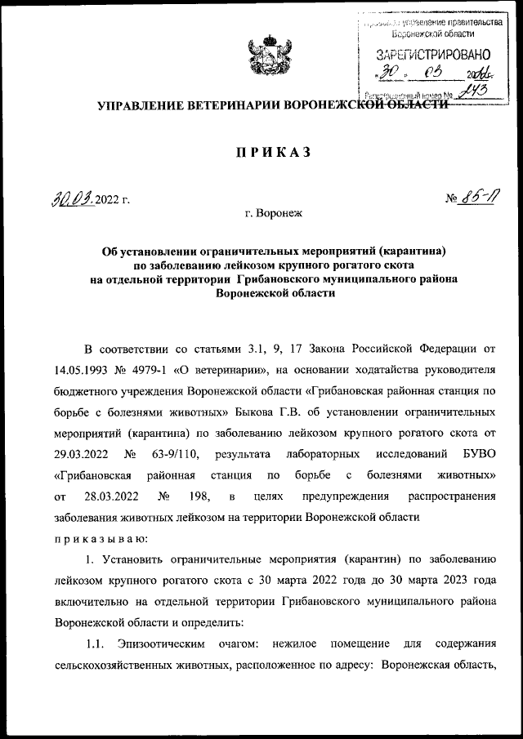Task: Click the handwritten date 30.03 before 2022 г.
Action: click(69, 198)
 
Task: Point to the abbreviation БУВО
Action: click(476, 452)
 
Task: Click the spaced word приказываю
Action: click(100, 537)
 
